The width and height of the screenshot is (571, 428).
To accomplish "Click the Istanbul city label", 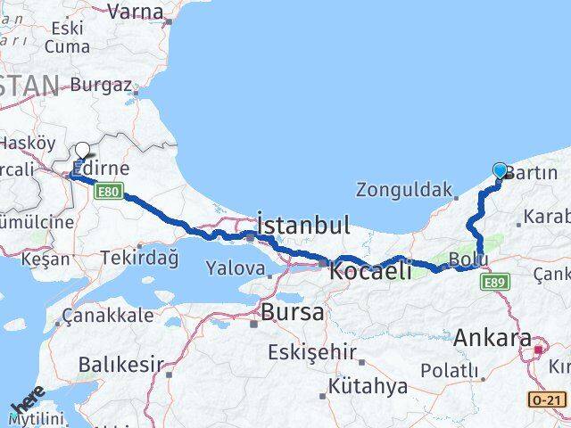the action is click(302, 225).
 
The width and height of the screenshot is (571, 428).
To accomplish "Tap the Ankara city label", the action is click(492, 338).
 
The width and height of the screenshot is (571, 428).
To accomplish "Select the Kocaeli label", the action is click(370, 271).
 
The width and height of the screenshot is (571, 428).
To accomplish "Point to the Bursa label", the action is click(290, 312).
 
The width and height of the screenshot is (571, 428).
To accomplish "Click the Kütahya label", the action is click(368, 387).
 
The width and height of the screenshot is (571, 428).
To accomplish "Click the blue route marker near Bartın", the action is click(500, 170).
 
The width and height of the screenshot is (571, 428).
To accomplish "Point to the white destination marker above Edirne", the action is click(83, 151).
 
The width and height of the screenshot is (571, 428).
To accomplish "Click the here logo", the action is click(28, 406).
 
